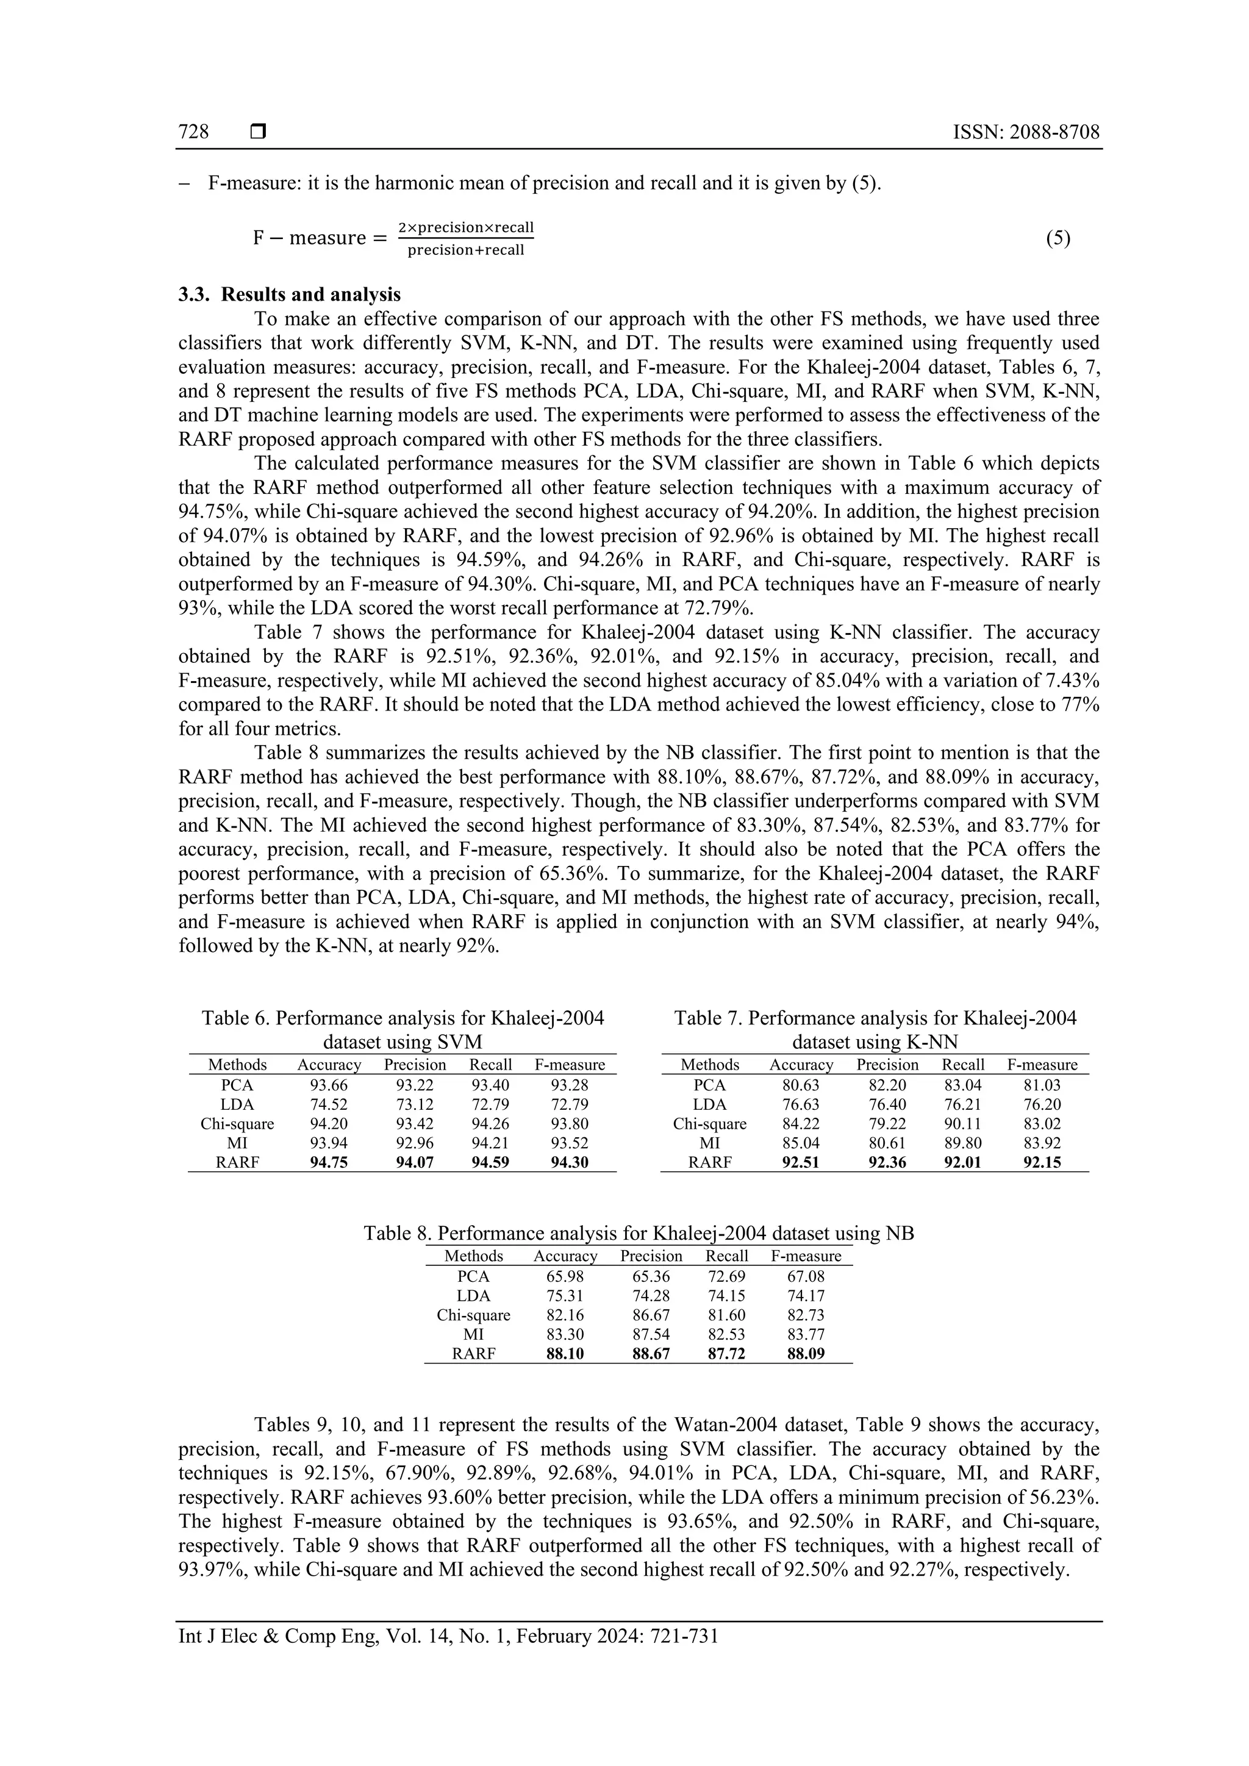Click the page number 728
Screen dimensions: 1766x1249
click(193, 132)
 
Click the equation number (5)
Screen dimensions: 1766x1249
click(1058, 238)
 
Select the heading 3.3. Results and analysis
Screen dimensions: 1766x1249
click(289, 295)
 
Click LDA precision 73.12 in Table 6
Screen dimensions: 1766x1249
click(415, 1104)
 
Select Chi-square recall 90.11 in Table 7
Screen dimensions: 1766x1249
click(963, 1124)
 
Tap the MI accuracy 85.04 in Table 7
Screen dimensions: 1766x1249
click(801, 1143)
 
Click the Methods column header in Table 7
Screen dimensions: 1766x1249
click(709, 1065)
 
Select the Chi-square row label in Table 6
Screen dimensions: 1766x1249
click(237, 1124)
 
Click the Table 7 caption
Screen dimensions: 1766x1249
click(875, 1030)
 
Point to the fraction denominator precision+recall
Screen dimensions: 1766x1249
click(465, 250)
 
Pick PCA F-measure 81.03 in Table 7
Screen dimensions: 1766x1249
click(1042, 1085)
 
